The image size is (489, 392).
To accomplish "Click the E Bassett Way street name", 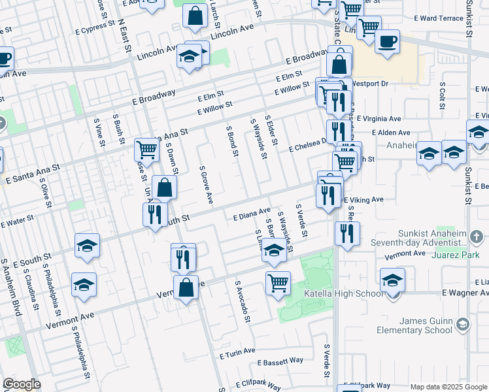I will (x=280, y=361).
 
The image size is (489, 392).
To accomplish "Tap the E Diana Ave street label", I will (x=252, y=214).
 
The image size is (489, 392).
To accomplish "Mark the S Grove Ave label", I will (x=206, y=184).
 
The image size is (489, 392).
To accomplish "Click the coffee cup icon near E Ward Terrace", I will (x=387, y=41).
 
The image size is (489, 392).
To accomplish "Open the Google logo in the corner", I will (x=22, y=384).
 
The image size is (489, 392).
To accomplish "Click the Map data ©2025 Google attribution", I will (x=448, y=387).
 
